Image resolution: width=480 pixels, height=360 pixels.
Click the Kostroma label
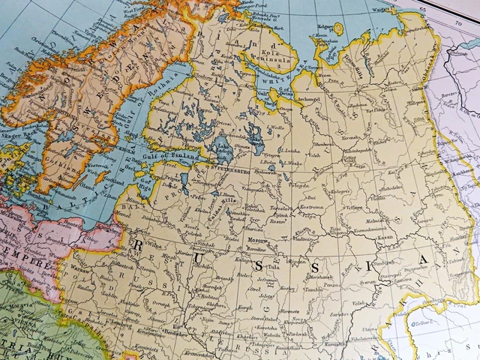click(x=311, y=205)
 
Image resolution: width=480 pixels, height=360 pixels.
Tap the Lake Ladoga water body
click(x=222, y=149)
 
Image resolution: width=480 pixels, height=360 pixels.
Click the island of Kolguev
click(x=337, y=28)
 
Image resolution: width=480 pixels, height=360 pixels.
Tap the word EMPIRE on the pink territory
click(x=22, y=266)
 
